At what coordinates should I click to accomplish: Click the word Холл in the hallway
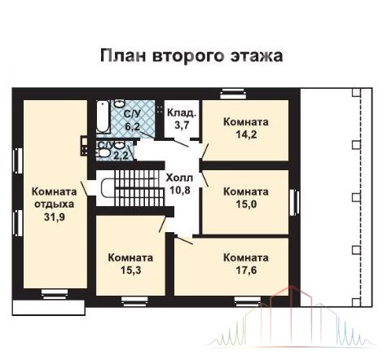[x=179, y=178]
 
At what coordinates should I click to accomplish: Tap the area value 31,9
[x=55, y=217]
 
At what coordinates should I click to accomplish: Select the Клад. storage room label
[x=182, y=113]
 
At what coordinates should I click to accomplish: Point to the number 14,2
[x=246, y=134]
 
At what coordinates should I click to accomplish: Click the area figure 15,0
[x=246, y=204]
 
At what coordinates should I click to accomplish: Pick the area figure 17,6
[x=246, y=270]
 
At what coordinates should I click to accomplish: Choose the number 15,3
[x=130, y=270]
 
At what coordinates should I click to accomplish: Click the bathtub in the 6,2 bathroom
[x=103, y=116]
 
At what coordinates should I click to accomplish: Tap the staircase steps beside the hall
[x=139, y=188]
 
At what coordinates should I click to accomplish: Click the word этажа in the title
[x=257, y=55]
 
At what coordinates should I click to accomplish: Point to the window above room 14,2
[x=233, y=94]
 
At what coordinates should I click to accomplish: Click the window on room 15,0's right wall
[x=294, y=203]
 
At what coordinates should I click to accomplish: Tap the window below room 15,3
[x=134, y=301]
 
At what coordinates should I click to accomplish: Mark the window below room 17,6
[x=248, y=301]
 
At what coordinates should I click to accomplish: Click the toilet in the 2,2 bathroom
[x=104, y=153]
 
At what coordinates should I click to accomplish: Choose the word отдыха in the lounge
[x=55, y=204]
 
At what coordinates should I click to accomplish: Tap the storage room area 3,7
[x=182, y=125]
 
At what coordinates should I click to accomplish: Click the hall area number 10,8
[x=180, y=191]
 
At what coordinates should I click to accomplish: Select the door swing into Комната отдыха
[x=84, y=188]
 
